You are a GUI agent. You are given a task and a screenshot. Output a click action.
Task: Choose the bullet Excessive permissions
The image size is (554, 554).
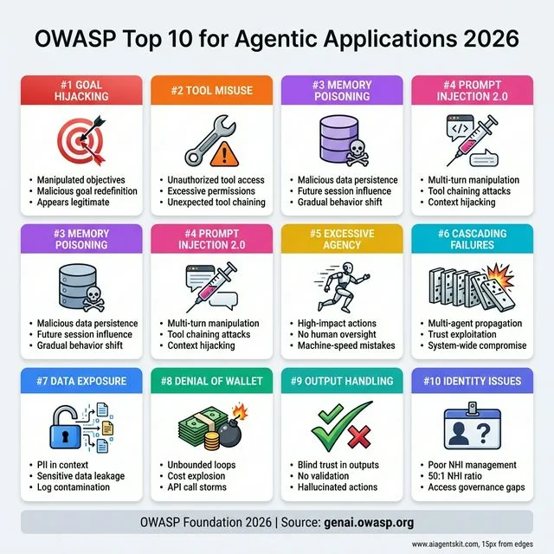pos(212,191)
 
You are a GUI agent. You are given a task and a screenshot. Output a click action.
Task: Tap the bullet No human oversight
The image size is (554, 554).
pos(334,334)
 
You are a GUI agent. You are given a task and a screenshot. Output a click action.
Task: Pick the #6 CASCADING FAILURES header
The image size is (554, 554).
pos(472,239)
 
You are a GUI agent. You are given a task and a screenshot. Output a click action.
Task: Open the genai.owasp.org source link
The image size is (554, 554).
pos(370,523)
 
